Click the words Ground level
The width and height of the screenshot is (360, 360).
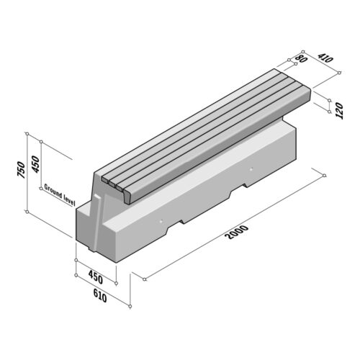point(60,194)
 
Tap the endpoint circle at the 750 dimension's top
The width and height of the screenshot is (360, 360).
point(27,134)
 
